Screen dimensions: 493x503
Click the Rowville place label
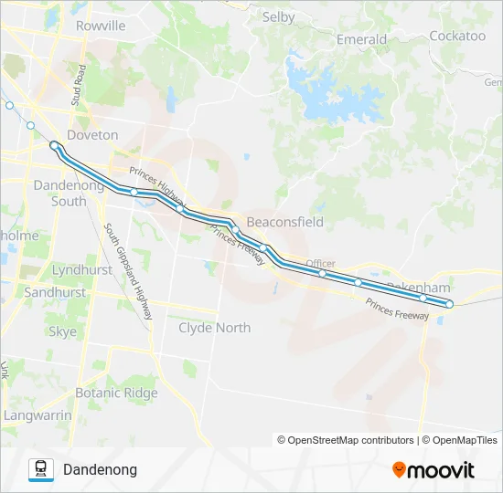point(102,26)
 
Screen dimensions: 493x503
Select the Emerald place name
point(361,39)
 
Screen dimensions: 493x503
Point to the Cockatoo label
point(457,36)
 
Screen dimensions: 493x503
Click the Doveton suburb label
point(92,135)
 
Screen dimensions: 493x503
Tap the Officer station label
point(321,262)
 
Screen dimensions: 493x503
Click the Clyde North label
point(214,328)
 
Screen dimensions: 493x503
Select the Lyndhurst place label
point(82,270)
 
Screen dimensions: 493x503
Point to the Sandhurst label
point(55,293)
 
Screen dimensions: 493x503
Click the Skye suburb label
point(62,332)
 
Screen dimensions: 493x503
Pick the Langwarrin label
point(37,415)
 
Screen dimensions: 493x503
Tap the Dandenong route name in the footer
point(100,469)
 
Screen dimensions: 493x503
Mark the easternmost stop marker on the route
point(449,303)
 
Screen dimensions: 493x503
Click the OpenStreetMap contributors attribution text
point(346,440)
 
